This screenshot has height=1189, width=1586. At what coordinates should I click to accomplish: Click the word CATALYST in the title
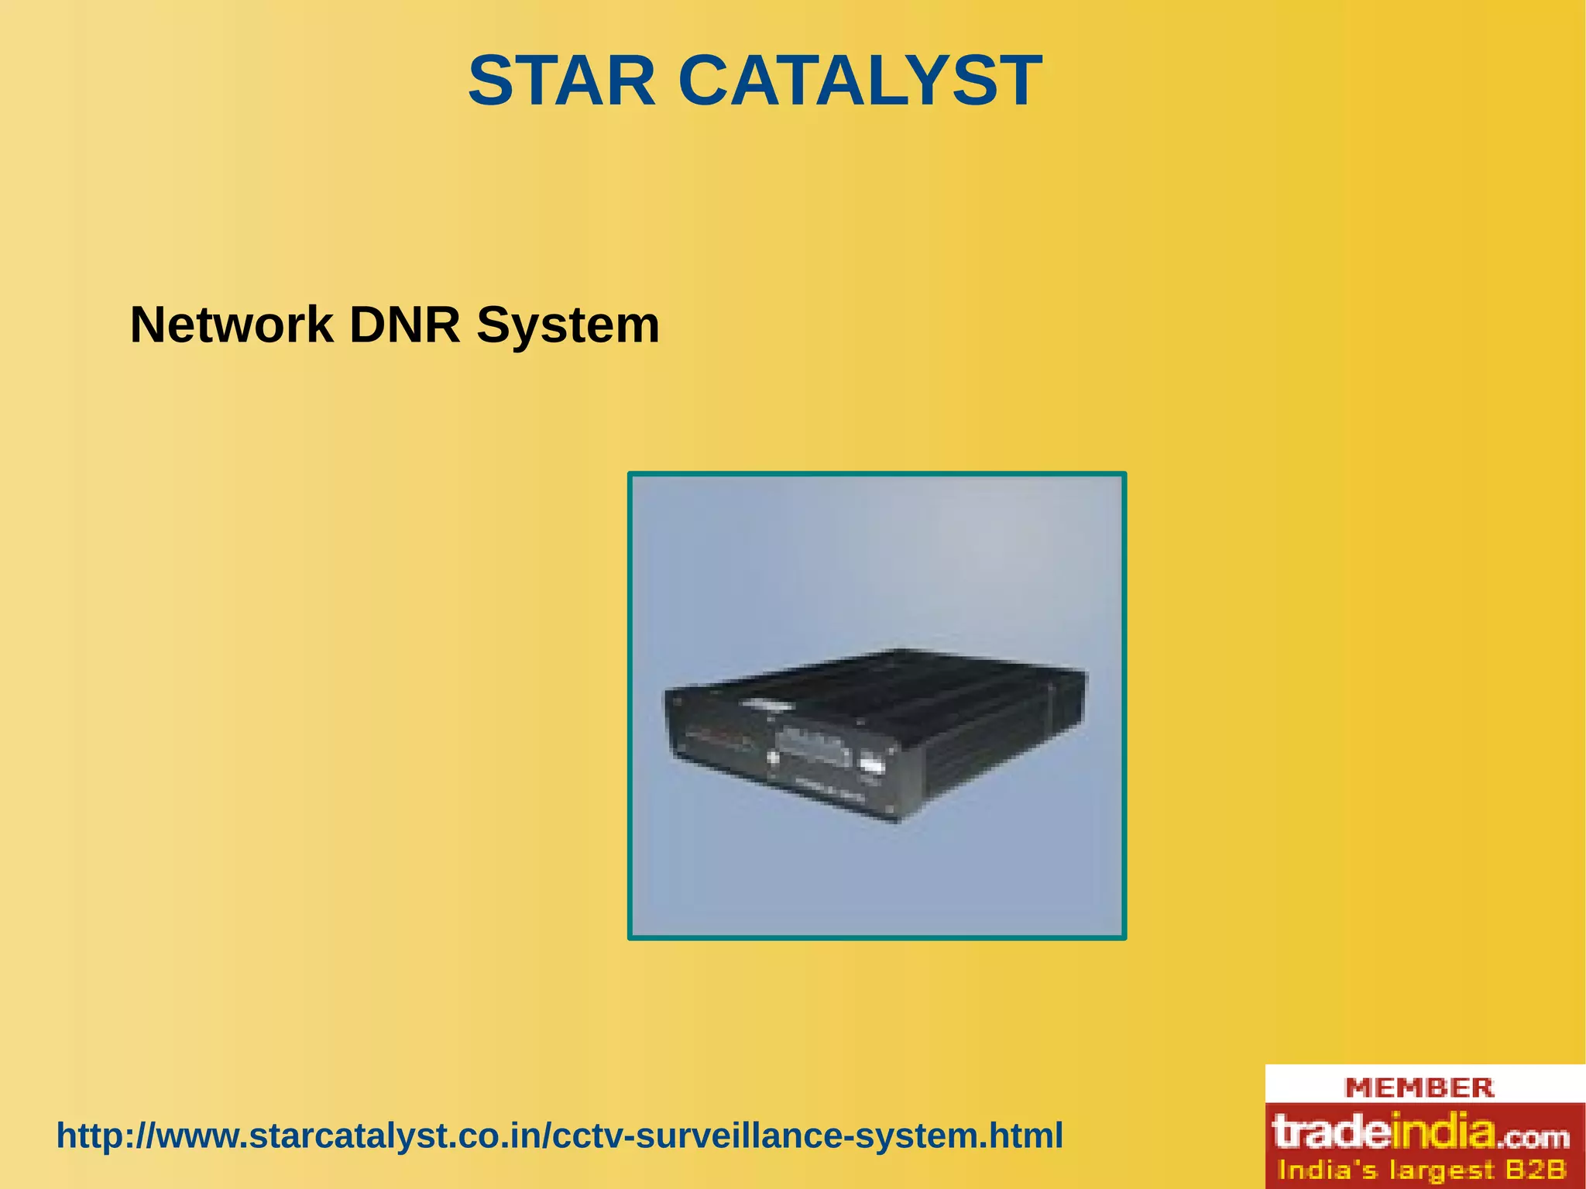coord(860,81)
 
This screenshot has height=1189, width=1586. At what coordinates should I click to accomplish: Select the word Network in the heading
coord(231,325)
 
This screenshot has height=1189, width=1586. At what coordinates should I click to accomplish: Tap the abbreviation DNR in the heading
coord(404,325)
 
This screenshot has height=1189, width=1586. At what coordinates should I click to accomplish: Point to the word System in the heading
coord(568,325)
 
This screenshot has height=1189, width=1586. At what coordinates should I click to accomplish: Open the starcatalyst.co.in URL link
coord(559,1136)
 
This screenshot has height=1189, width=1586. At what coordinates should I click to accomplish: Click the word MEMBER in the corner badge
coord(1420,1088)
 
